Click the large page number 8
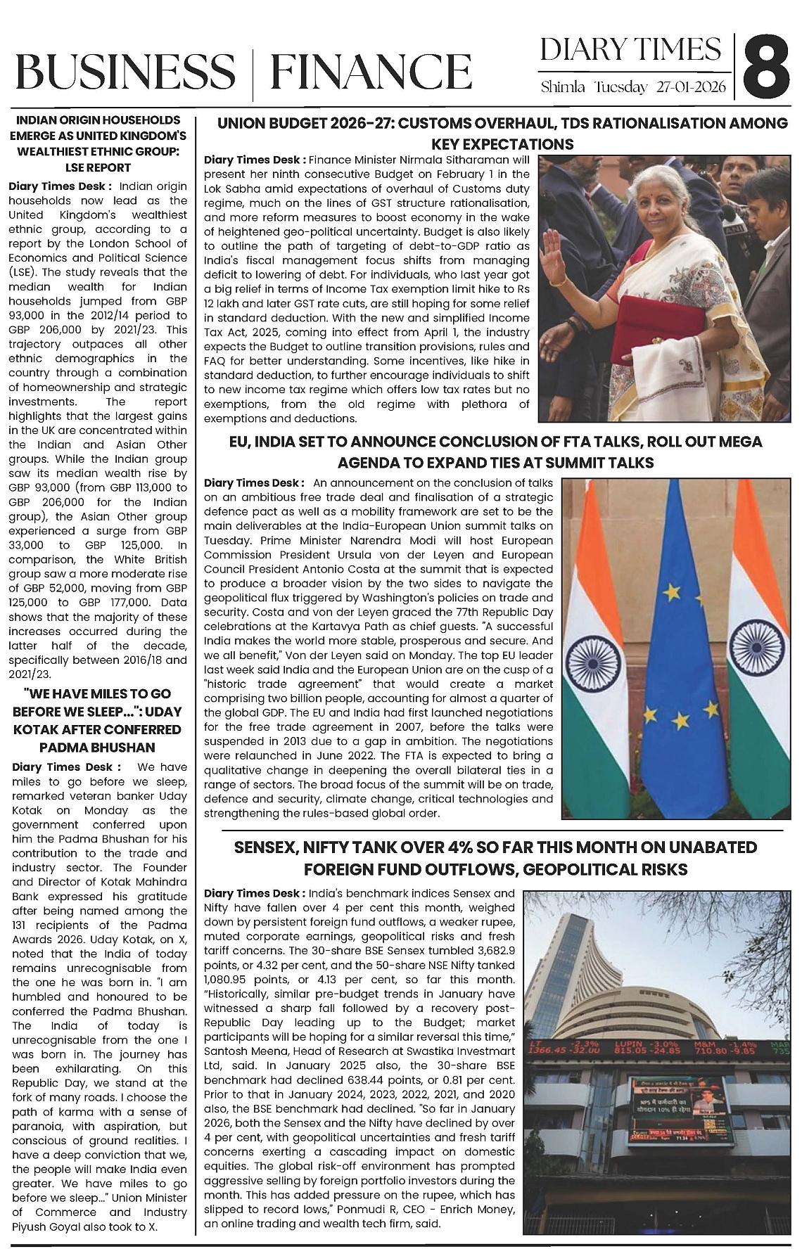767,68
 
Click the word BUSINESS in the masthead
125,72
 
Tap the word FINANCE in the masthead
371,72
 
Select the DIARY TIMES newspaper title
630,50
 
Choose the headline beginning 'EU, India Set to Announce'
496,451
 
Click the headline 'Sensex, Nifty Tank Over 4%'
495,858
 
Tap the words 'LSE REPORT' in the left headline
98,167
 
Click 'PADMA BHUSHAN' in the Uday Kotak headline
98,747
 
